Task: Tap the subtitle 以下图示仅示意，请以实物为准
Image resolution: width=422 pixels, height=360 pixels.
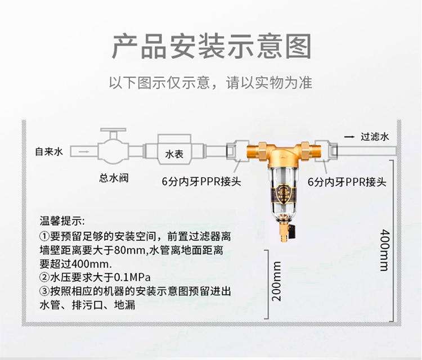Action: click(x=211, y=83)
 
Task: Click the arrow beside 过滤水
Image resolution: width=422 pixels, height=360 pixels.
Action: click(x=349, y=137)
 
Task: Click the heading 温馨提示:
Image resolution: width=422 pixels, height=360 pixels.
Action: click(x=61, y=220)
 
